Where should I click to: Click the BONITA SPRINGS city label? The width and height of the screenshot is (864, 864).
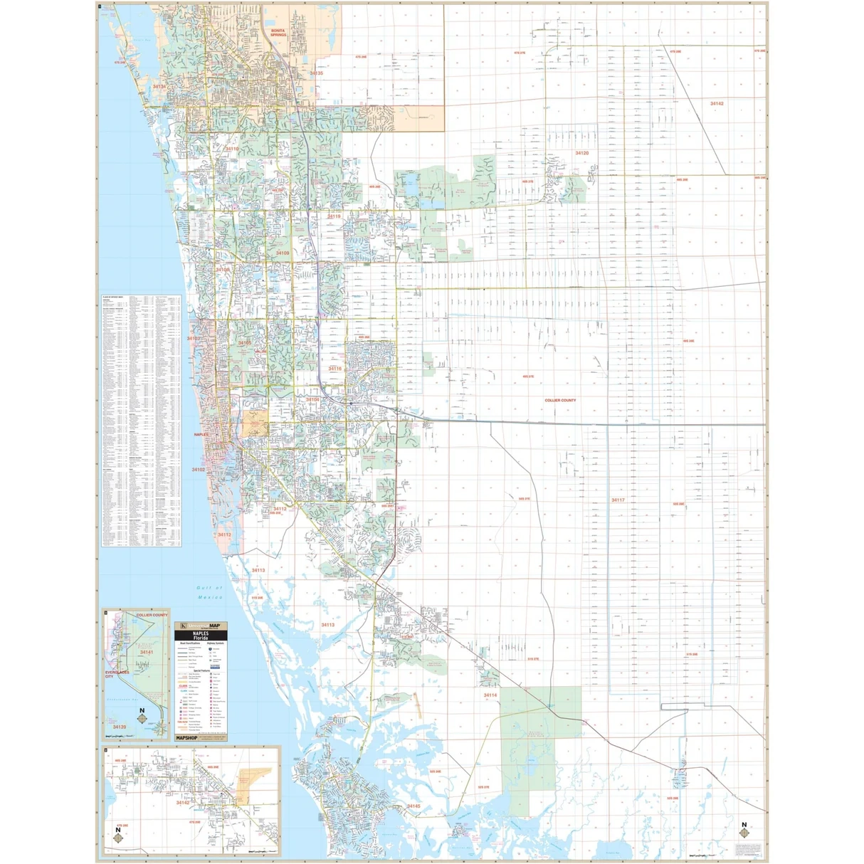(x=278, y=33)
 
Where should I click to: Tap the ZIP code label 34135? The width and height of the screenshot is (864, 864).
(x=316, y=73)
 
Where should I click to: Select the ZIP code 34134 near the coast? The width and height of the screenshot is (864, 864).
(x=159, y=86)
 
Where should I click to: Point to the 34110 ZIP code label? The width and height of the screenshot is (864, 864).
(x=232, y=149)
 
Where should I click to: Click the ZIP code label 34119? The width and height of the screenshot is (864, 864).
(x=334, y=216)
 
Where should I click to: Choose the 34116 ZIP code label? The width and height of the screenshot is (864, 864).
(x=334, y=369)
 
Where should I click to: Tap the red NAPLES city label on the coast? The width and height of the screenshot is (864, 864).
(x=202, y=434)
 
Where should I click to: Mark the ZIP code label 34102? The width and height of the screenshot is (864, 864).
(x=198, y=470)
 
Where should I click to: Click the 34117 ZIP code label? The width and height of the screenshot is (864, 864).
(x=618, y=500)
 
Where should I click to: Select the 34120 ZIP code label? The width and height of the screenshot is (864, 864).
(x=581, y=153)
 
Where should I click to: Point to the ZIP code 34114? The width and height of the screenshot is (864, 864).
(x=490, y=695)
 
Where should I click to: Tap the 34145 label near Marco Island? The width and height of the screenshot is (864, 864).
(x=413, y=806)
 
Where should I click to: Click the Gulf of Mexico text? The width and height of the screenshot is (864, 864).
(x=210, y=592)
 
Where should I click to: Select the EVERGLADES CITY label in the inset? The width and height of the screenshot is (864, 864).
(x=119, y=675)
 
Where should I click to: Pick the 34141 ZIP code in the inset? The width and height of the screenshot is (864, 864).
(x=147, y=653)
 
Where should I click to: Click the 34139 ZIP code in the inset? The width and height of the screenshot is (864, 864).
(x=119, y=727)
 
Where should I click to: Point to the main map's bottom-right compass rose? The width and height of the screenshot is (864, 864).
(x=744, y=831)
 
